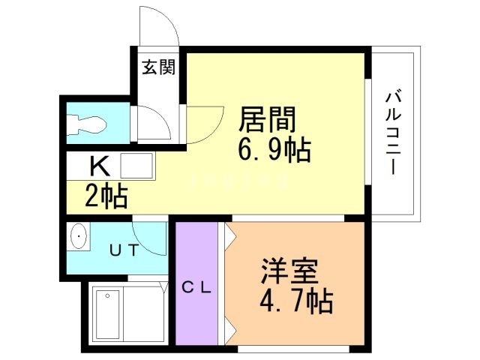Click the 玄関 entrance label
158,67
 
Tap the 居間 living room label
267,120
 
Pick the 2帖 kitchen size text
105,197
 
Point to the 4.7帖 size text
295,301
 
